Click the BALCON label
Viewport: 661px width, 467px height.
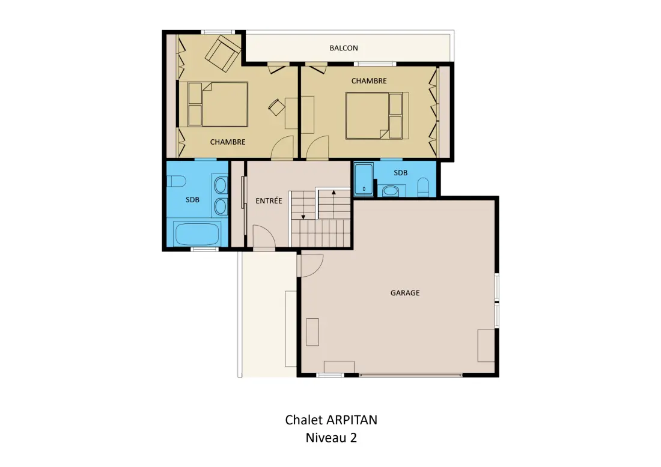point(344,48)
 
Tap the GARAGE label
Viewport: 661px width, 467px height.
point(404,293)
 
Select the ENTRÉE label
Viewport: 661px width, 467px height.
point(269,201)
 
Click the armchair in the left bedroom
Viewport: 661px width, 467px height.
point(223,53)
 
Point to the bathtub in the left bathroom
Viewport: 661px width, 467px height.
point(197,234)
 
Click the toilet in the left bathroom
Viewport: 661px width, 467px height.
point(176,181)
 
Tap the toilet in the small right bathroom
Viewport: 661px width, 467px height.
point(423,187)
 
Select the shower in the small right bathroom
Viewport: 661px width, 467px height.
point(364,179)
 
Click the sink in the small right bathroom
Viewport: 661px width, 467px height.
point(391,191)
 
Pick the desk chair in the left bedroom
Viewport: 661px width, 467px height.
point(276,107)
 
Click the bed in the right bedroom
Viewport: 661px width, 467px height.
point(377,116)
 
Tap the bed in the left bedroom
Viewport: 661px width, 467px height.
point(218,104)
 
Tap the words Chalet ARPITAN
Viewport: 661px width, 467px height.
point(331,420)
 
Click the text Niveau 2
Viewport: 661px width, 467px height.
point(331,438)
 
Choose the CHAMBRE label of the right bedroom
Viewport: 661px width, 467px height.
point(369,81)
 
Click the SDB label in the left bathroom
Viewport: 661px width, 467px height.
point(192,200)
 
